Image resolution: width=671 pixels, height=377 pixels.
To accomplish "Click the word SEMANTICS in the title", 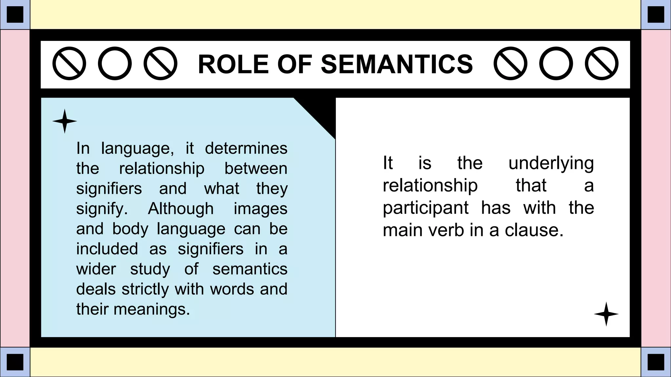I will tap(397, 64).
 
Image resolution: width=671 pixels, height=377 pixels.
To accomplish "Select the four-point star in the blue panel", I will tap(65, 121).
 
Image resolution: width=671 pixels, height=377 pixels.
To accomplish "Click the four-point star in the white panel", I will tap(606, 314).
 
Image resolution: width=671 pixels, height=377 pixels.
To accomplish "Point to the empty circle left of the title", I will tap(115, 63).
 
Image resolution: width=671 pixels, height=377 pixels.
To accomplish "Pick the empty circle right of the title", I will tap(556, 63).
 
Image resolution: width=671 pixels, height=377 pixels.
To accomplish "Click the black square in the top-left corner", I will tap(15, 15).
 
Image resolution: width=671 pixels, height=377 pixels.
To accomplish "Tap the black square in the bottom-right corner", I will tap(656, 362).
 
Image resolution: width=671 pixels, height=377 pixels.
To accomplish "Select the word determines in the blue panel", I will tap(246, 148).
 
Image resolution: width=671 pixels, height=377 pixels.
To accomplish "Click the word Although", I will tap(181, 208).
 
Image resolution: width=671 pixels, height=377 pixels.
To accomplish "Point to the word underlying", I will tap(551, 163).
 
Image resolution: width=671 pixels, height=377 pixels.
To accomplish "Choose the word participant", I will tap(426, 208).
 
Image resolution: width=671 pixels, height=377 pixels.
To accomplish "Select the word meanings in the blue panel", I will tap(152, 309).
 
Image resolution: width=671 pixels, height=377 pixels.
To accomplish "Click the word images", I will tap(260, 208).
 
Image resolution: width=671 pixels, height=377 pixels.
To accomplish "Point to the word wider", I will tap(96, 269).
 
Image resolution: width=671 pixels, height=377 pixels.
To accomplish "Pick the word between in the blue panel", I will tap(256, 169).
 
